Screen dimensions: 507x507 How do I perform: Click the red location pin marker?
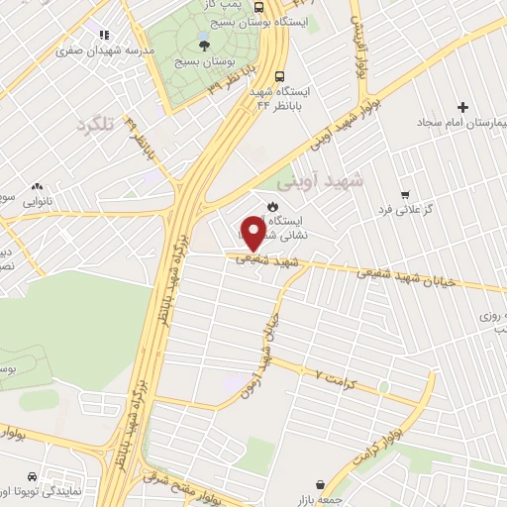(253, 234)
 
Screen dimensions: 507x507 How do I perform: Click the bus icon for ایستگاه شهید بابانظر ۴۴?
(281, 75)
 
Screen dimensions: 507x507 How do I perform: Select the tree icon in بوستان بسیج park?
(204, 44)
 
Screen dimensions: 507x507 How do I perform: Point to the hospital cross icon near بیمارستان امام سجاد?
(462, 107)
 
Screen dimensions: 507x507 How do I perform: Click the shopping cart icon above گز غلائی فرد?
(404, 194)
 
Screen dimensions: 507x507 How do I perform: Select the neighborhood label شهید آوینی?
(320, 181)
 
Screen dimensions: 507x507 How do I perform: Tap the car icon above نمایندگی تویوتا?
(34, 475)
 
